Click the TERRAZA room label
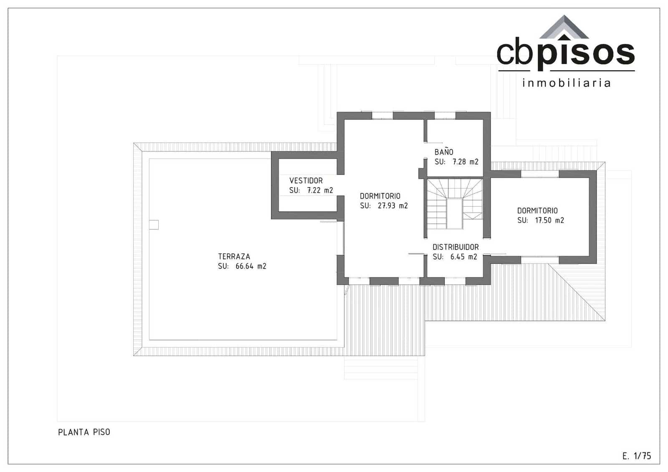pyautogui.click(x=234, y=256)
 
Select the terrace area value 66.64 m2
pyautogui.click(x=250, y=266)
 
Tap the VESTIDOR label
pyautogui.click(x=306, y=180)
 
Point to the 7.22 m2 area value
pyautogui.click(x=320, y=190)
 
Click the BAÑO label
pyautogui.click(x=443, y=152)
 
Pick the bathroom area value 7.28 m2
pyautogui.click(x=465, y=162)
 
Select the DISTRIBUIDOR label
pyautogui.click(x=455, y=247)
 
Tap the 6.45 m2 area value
pyautogui.click(x=463, y=257)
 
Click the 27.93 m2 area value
pyautogui.click(x=392, y=206)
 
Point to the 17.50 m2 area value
pyautogui.click(x=549, y=220)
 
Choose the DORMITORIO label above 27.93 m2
pyautogui.click(x=380, y=196)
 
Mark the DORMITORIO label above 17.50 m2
pyautogui.click(x=537, y=211)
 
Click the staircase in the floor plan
pyautogui.click(x=454, y=203)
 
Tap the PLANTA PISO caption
pyautogui.click(x=84, y=432)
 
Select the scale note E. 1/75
pyautogui.click(x=636, y=456)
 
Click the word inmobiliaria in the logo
pyautogui.click(x=566, y=83)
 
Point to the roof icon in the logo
pyautogui.click(x=564, y=28)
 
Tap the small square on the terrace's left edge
pyautogui.click(x=154, y=225)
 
